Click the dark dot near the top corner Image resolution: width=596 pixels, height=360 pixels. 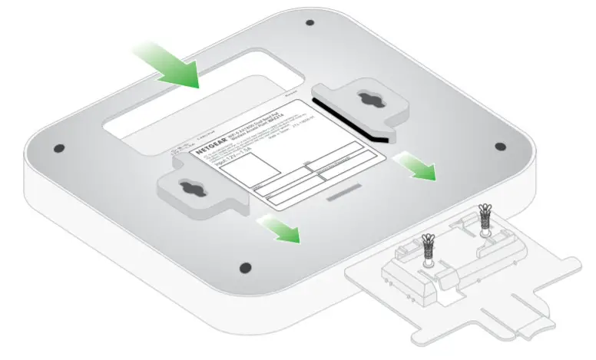click(x=309, y=23)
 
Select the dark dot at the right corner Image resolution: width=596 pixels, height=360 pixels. click(x=500, y=146)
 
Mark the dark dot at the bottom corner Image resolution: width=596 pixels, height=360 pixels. click(x=245, y=267)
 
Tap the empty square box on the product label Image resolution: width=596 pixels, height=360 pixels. click(x=249, y=169)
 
